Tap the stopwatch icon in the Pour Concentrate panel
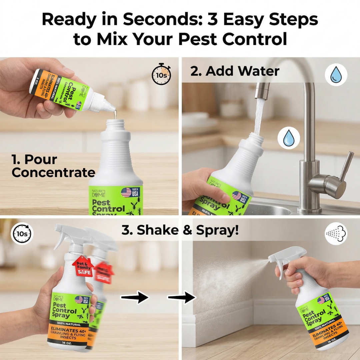point(161,74)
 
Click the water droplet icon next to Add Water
point(336,75)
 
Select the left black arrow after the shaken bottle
point(135,297)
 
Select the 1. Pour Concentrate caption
point(53,166)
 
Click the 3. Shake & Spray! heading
point(180,230)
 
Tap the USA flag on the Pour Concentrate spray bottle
point(126,192)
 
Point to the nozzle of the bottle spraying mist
point(271,258)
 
